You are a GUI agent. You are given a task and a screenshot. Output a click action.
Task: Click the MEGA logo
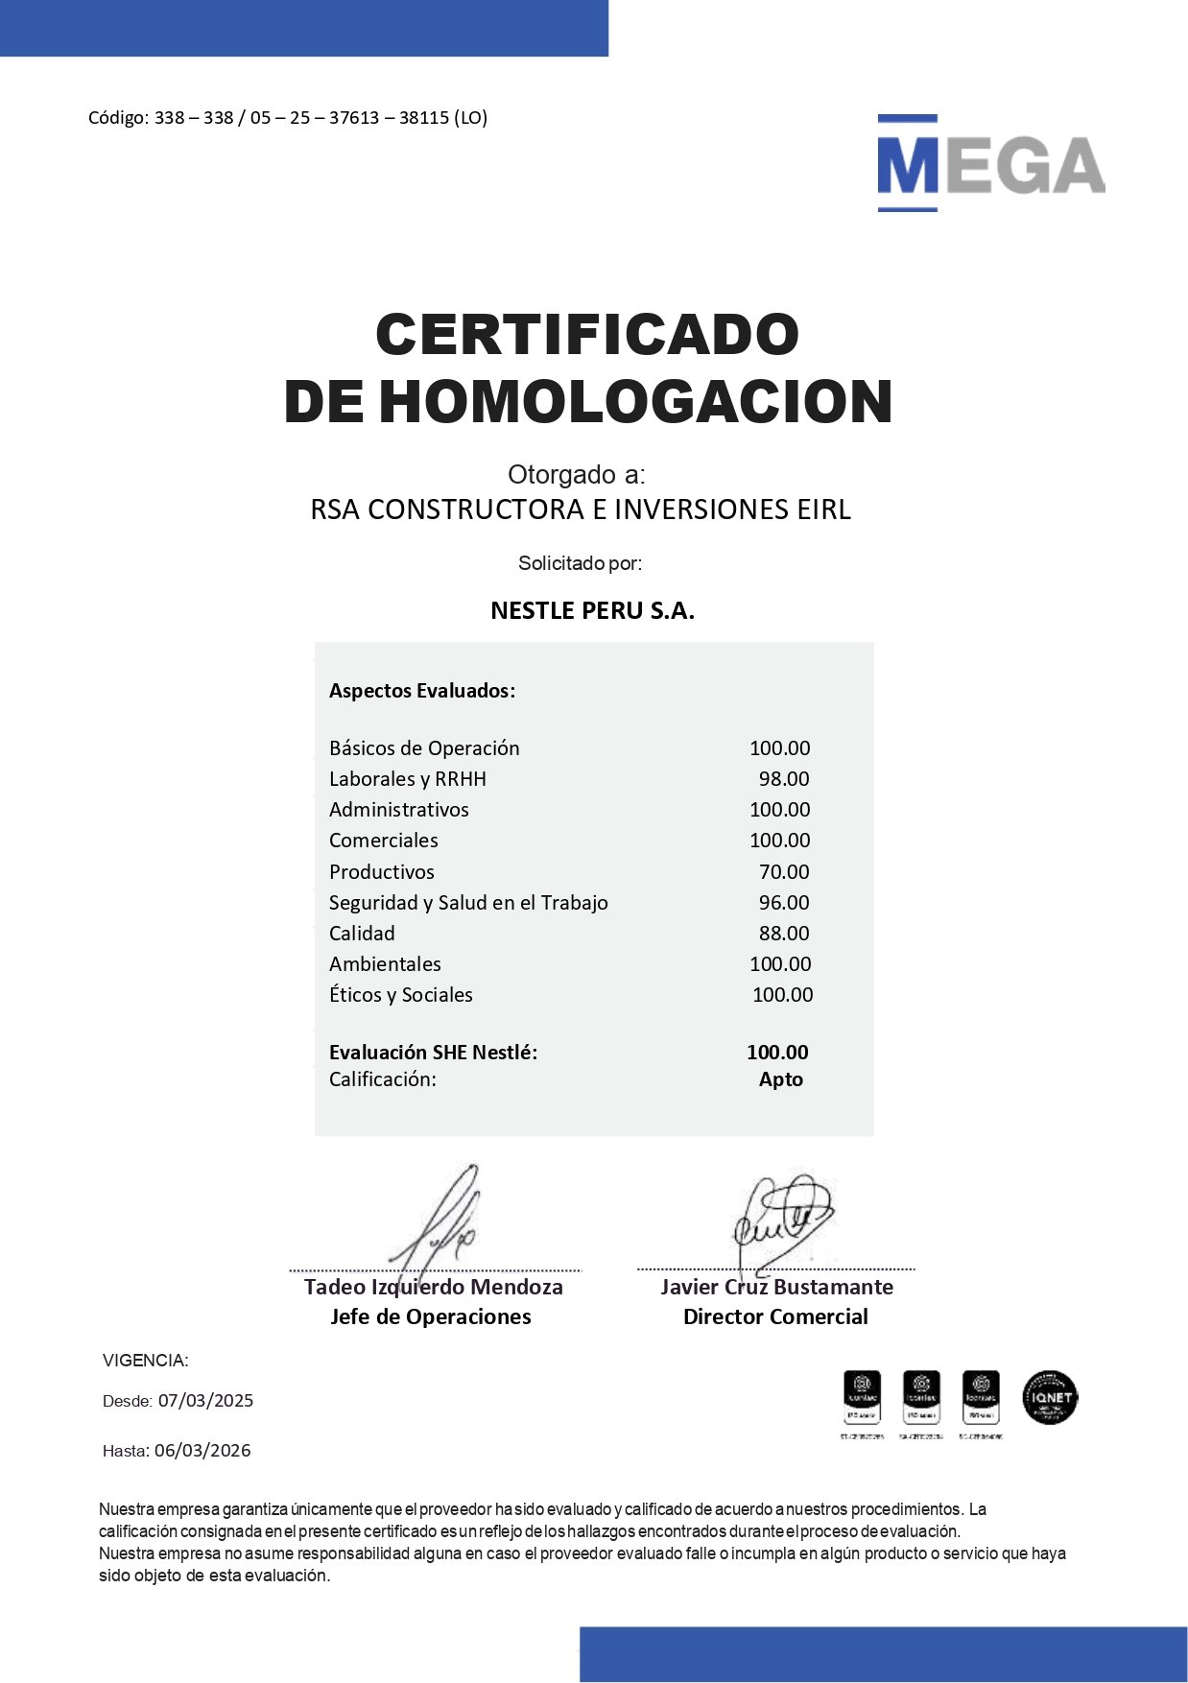[x=990, y=164]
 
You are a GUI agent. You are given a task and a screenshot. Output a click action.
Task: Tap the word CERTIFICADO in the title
[x=587, y=334]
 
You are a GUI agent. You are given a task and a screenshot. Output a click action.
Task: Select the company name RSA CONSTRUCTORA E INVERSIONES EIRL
[x=581, y=510]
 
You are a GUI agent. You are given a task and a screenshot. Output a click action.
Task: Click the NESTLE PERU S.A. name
[x=592, y=611]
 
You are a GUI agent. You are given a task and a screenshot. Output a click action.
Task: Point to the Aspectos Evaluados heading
[x=422, y=691]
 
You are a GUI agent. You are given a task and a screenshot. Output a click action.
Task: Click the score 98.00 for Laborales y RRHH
[x=784, y=779]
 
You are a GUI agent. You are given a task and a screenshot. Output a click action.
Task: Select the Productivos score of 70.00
[x=784, y=872]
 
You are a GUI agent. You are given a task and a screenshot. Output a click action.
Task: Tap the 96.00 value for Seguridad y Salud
[x=784, y=903]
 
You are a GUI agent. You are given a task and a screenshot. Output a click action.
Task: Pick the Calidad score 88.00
[x=784, y=934]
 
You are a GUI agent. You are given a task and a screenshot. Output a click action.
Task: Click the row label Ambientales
[x=385, y=964]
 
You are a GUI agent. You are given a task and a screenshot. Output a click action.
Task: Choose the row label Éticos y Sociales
[x=401, y=995]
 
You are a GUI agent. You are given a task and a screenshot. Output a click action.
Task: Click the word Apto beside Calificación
[x=781, y=1079]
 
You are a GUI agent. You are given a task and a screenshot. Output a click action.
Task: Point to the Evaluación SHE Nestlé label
[x=433, y=1053]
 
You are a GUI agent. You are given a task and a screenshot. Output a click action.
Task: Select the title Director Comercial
[x=775, y=1317]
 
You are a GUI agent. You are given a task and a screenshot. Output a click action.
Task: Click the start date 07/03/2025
[x=205, y=1401]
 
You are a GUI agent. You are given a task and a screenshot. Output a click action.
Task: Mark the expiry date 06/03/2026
[x=202, y=1451]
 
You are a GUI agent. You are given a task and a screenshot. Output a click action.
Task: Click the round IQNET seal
[x=1050, y=1397]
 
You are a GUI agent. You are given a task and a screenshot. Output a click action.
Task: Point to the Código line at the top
[x=288, y=118]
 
